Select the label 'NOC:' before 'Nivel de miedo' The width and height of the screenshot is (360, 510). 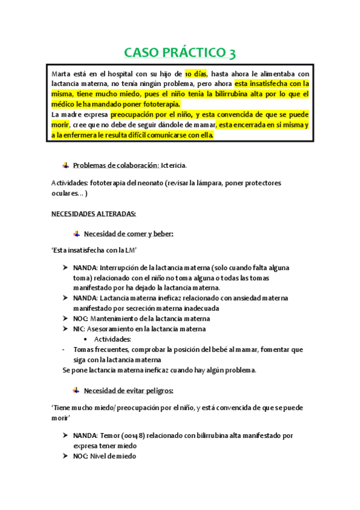click(x=81, y=456)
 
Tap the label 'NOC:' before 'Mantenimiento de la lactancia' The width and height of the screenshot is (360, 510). click(x=81, y=319)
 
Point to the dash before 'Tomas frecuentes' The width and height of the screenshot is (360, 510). click(x=64, y=349)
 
